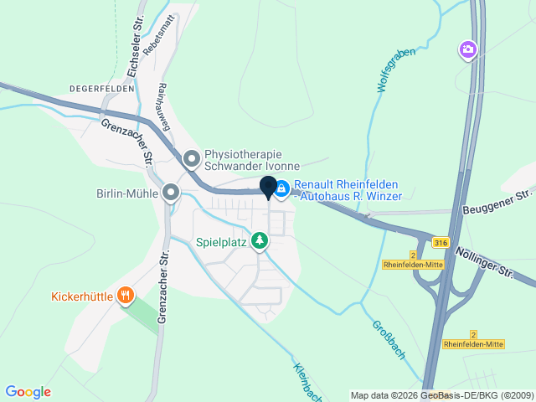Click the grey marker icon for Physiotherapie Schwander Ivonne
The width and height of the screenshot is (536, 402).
coord(192,157)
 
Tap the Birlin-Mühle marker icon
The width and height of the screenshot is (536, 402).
coord(171,193)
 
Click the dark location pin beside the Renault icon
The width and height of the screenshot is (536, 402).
coord(269,188)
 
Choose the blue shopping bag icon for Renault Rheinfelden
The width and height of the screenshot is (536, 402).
coord(282,190)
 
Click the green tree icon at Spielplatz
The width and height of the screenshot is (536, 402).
coord(260,241)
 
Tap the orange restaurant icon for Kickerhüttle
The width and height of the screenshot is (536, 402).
coord(126,295)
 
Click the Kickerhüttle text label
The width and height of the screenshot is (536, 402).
coord(82,296)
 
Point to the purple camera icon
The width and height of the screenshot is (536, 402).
coord(468,50)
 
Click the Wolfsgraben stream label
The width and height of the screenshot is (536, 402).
coord(394,71)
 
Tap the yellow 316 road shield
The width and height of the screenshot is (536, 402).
coord(441,242)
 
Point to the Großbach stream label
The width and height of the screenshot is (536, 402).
coord(389,338)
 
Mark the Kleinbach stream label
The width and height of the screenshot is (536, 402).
coord(308,381)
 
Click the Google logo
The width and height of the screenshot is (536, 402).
coord(28,392)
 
